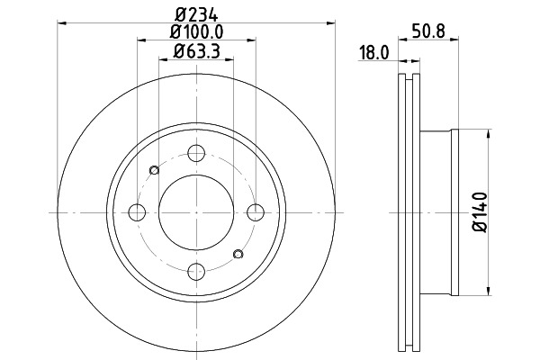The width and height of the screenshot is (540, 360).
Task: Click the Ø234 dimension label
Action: [x=196, y=14]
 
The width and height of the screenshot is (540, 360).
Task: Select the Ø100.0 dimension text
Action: [x=196, y=32]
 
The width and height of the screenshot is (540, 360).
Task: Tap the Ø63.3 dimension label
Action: [x=196, y=51]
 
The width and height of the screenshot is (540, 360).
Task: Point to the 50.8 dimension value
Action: [x=428, y=31]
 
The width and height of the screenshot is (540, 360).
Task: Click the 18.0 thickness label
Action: [x=373, y=53]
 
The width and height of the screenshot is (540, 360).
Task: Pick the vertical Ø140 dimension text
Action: [x=481, y=212]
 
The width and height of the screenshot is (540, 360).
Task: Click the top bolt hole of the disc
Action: [x=196, y=153]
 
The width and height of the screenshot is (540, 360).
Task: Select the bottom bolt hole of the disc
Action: [x=196, y=272]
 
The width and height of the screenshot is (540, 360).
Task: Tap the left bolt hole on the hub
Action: [x=137, y=212]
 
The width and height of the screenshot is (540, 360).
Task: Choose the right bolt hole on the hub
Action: [x=256, y=212]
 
